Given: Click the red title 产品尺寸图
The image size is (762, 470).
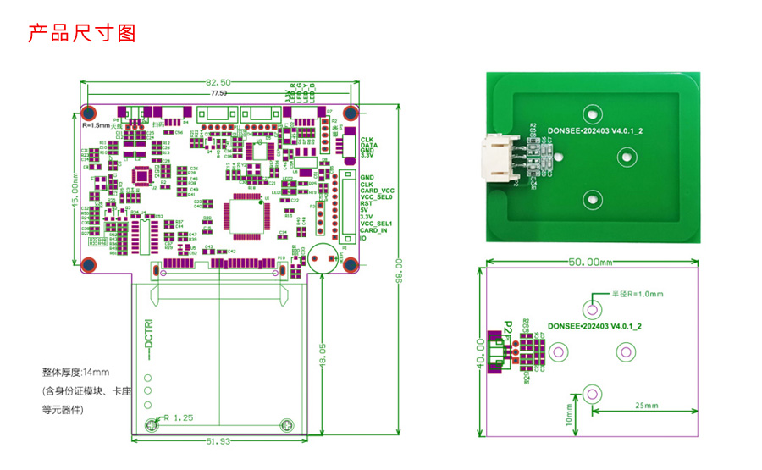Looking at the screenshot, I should [82, 33].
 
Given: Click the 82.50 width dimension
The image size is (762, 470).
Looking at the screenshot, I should [218, 82].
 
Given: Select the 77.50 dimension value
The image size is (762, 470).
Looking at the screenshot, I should [218, 93].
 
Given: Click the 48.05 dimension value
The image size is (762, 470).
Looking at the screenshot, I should [322, 354].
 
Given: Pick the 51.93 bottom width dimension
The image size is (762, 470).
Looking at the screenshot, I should [218, 441].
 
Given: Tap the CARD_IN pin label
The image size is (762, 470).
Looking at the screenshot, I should [373, 230].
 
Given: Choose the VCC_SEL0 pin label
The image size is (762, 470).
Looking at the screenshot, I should [377, 197].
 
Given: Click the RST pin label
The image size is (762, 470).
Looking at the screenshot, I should [366, 204].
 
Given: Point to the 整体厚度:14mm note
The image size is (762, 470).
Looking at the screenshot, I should [75, 373].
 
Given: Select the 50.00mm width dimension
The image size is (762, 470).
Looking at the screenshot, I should [589, 263].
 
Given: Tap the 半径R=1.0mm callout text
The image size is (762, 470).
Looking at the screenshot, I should [637, 294].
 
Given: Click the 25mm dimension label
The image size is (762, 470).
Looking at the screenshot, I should [645, 406].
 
